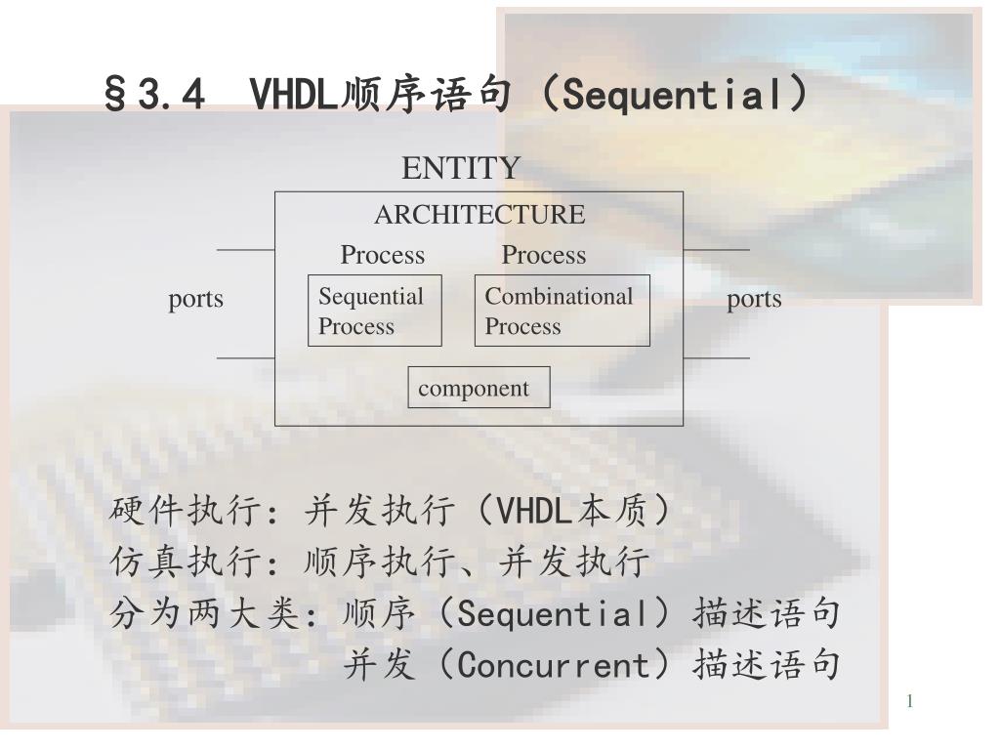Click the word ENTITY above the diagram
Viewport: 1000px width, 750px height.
461,168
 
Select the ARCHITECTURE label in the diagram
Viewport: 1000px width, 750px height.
479,214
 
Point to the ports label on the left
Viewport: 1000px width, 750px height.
195,300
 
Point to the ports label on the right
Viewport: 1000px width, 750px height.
754,300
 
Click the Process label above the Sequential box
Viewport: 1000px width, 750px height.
383,255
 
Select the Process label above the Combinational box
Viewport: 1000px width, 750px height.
543,255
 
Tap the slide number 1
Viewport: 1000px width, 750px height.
909,701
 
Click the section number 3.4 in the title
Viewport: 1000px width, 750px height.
171,96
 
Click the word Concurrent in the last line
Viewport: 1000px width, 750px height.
553,665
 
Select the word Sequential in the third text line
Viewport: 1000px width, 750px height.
553,613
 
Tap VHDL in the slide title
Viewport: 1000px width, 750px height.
293,96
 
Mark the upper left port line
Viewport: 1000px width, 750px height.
245,250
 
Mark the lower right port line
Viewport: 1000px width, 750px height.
716,358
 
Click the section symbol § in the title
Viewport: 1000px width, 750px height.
115,96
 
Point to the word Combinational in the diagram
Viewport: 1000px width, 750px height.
559,296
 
